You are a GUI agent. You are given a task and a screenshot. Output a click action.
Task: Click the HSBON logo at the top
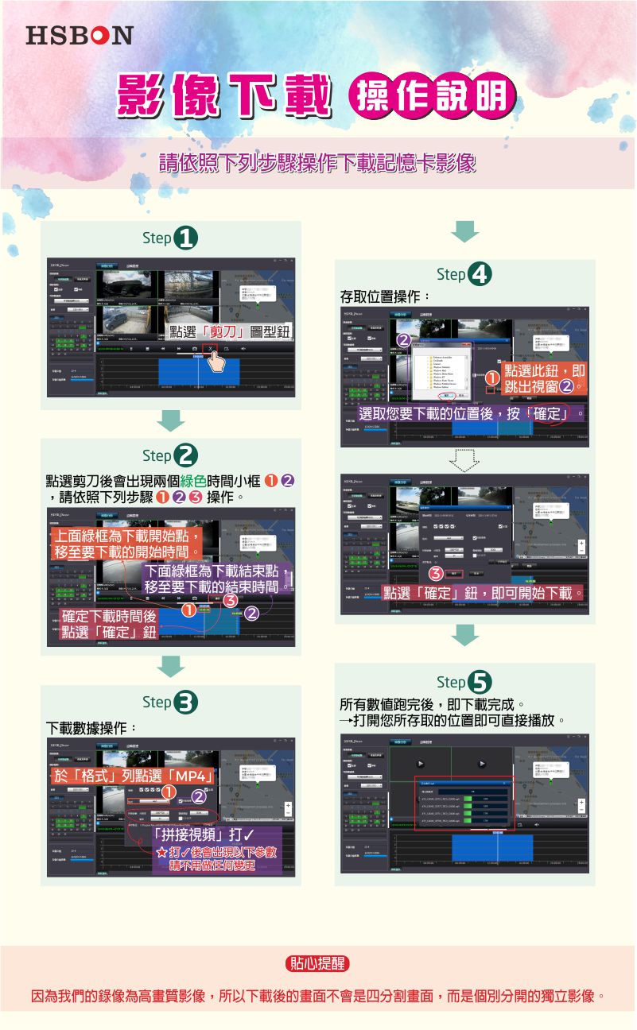pyautogui.click(x=79, y=35)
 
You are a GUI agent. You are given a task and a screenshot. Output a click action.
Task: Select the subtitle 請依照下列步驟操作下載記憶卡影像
pyautogui.click(x=317, y=163)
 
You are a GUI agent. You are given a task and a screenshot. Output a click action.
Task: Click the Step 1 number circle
pyautogui.click(x=187, y=238)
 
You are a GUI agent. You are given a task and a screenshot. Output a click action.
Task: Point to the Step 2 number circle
pyautogui.click(x=187, y=456)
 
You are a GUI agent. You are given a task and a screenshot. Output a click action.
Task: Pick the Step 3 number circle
pyautogui.click(x=187, y=703)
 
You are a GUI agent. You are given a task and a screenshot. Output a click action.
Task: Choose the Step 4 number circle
pyautogui.click(x=480, y=275)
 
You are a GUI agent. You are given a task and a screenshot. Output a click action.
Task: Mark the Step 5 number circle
pyautogui.click(x=480, y=682)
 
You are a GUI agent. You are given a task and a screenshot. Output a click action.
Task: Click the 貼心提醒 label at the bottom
pyautogui.click(x=317, y=964)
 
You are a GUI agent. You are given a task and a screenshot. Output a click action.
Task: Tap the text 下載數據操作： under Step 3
pyautogui.click(x=91, y=728)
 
